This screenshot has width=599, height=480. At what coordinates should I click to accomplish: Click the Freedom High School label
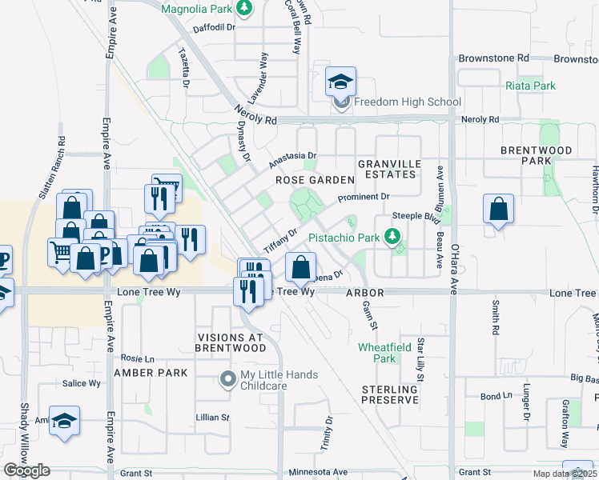tap(407, 102)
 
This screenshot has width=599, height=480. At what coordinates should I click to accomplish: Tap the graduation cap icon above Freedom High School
tap(340, 82)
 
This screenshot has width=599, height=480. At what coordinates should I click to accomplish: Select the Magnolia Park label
tap(195, 10)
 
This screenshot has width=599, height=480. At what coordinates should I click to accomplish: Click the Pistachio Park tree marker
tap(392, 236)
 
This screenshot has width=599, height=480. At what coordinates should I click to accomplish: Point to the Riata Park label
tap(530, 86)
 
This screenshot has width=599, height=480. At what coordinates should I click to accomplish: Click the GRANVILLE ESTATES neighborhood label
tap(389, 170)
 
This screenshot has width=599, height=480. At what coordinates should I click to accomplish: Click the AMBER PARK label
tap(151, 373)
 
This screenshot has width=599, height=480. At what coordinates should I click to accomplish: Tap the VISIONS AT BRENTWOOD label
tap(231, 342)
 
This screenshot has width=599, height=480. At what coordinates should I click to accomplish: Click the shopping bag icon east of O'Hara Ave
tap(498, 210)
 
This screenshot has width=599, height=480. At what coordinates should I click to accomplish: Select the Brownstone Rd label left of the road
tap(493, 58)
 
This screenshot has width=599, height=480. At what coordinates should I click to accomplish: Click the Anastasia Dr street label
tap(293, 157)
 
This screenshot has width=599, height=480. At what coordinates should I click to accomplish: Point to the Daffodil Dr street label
tap(212, 27)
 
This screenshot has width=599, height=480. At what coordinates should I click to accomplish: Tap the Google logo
tap(26, 470)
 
